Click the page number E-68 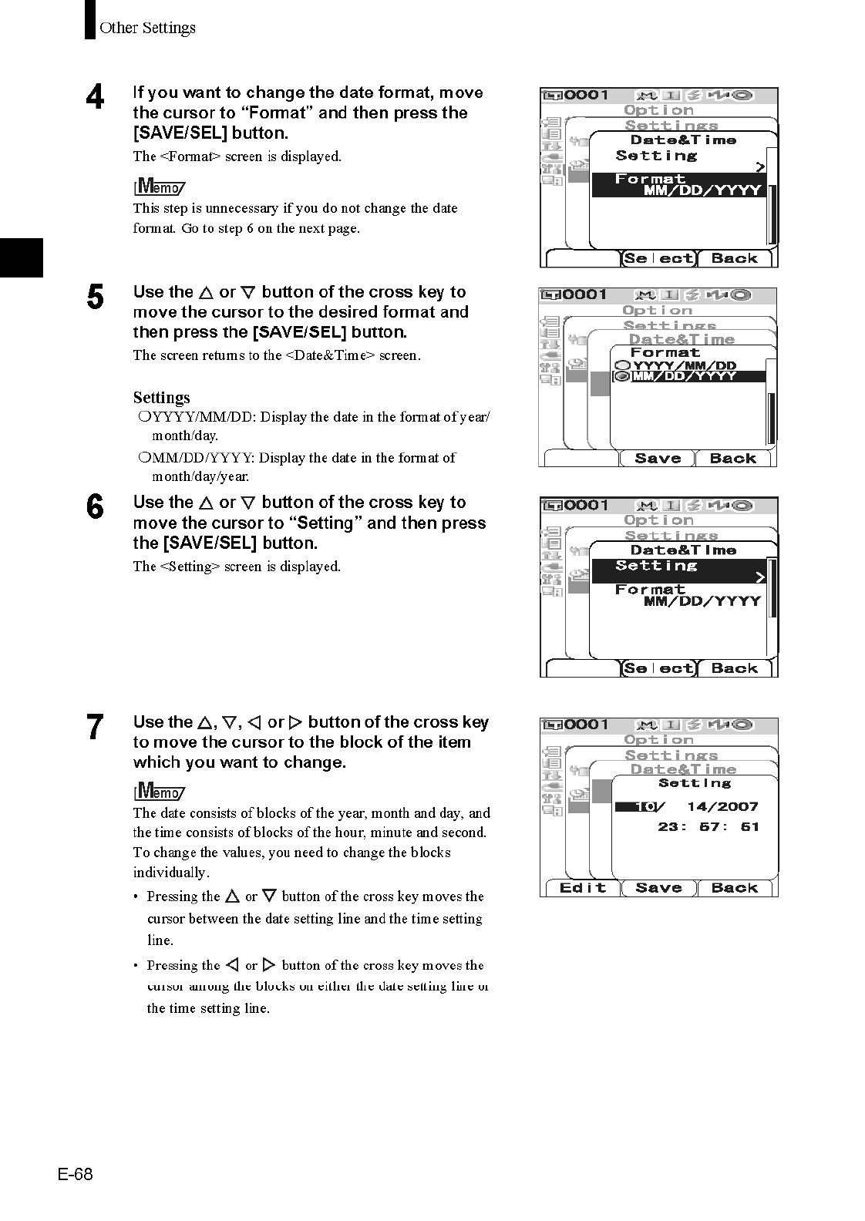[x=75, y=1174]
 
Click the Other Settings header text [x=147, y=28]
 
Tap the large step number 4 [x=95, y=98]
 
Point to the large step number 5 [x=95, y=298]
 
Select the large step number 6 [x=95, y=508]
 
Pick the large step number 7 [x=95, y=728]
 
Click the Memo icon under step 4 [x=159, y=187]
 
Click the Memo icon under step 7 [x=159, y=792]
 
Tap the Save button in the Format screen [x=657, y=459]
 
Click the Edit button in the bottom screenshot [x=582, y=888]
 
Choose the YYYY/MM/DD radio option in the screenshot [x=675, y=365]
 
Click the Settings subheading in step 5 [x=161, y=398]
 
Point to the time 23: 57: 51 [x=708, y=826]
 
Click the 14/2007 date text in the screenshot [x=722, y=807]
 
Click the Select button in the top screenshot [x=658, y=259]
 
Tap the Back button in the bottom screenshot [x=734, y=888]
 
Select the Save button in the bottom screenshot [x=658, y=888]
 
